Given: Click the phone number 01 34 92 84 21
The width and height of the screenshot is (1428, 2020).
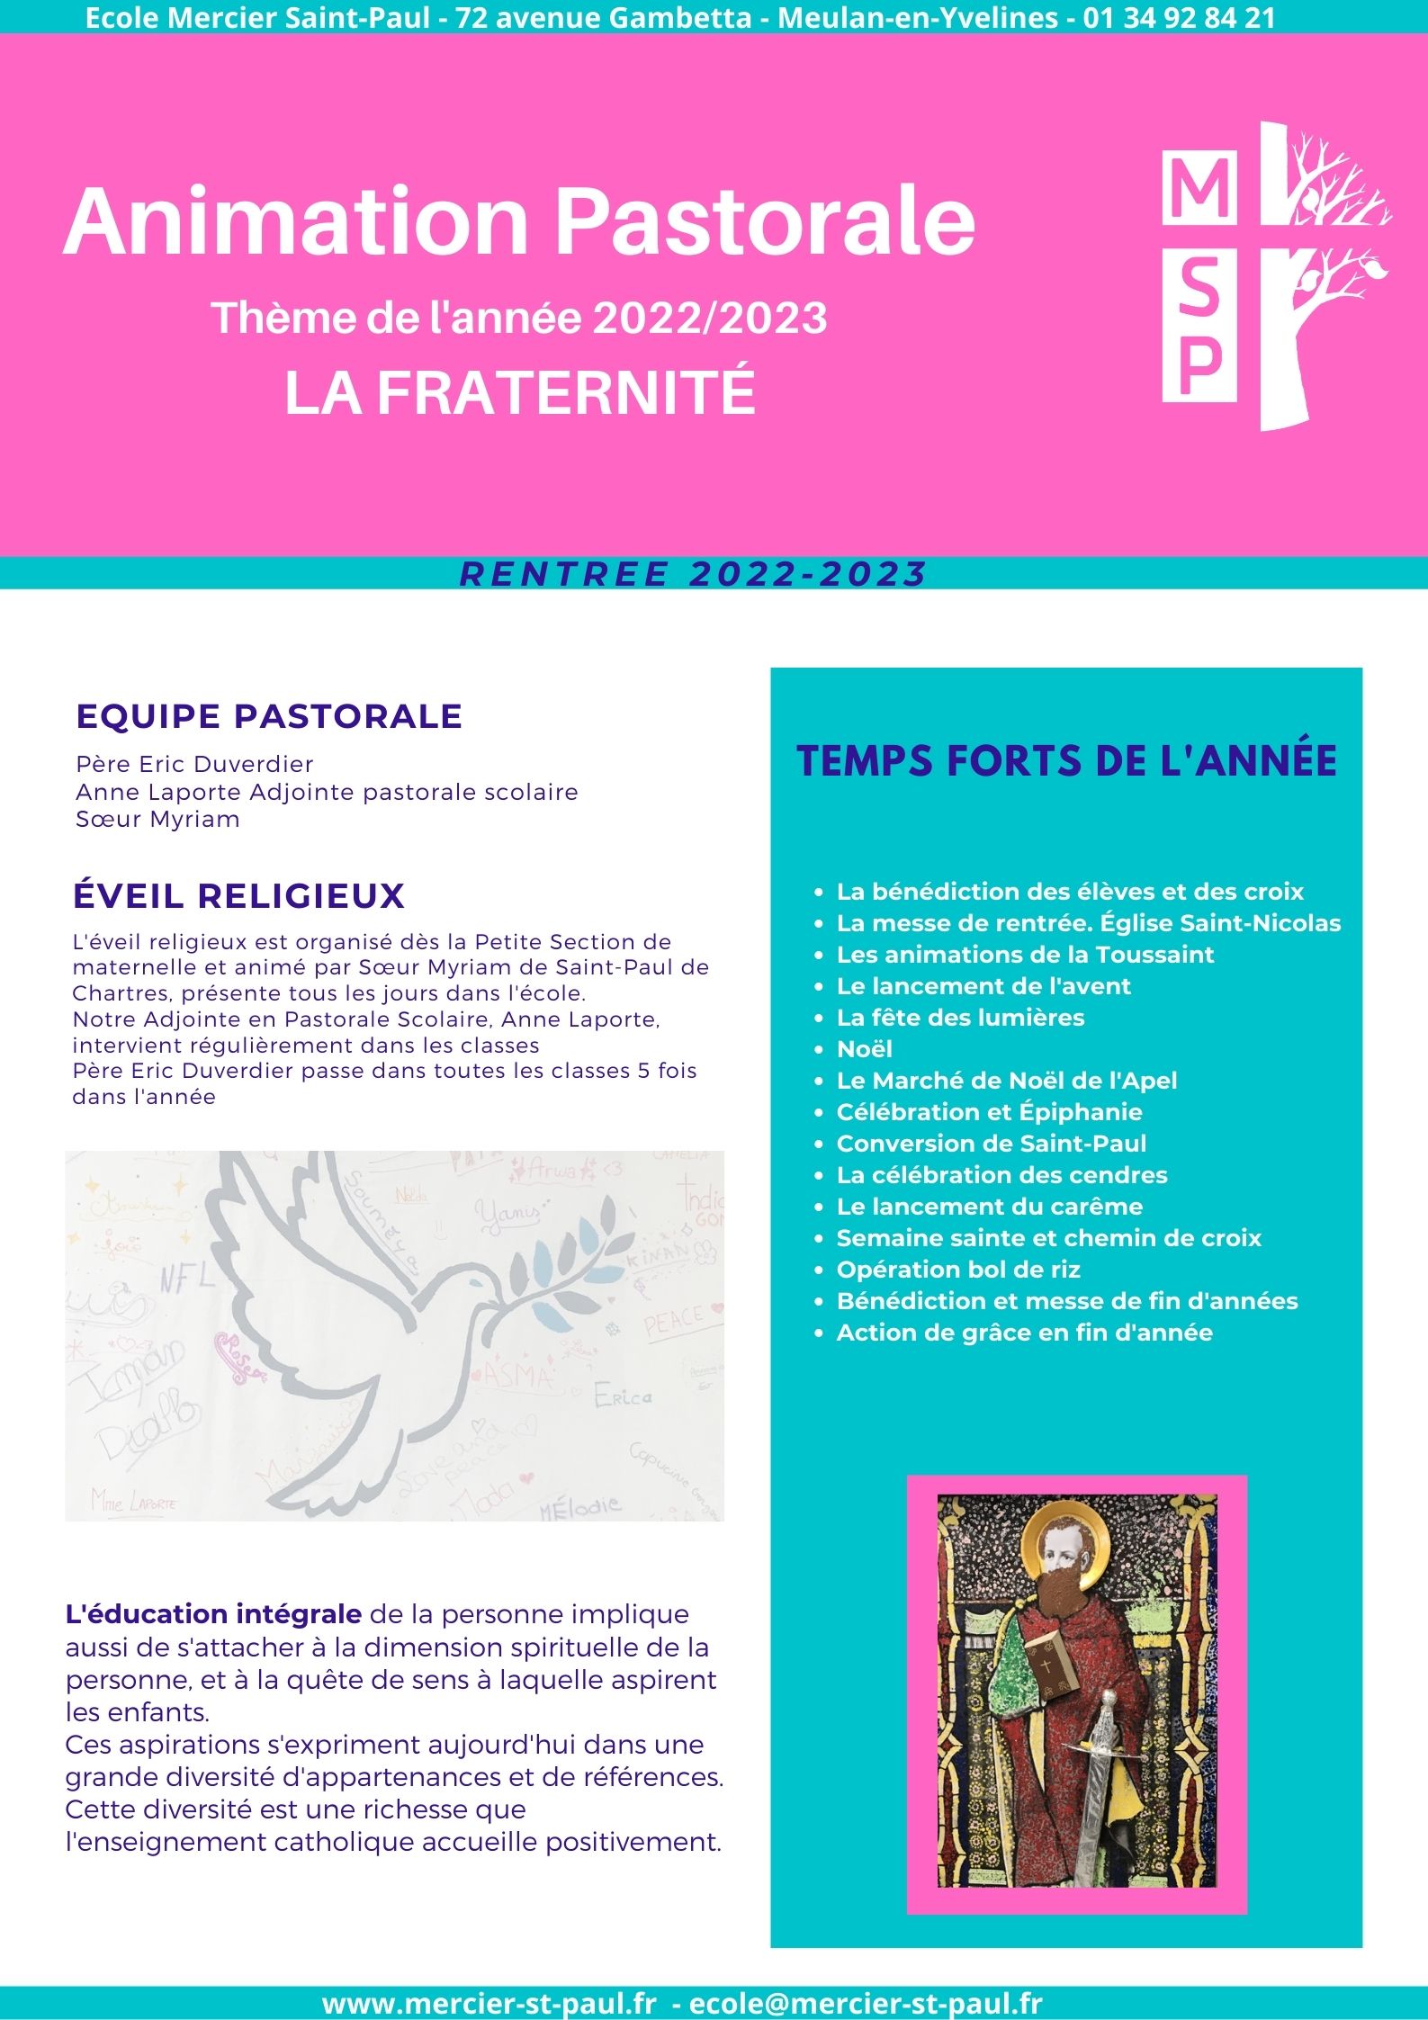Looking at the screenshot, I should click(1179, 18).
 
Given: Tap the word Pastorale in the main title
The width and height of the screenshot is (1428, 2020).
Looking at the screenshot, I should click(764, 222).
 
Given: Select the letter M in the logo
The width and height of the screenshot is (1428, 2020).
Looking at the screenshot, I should click(1199, 189).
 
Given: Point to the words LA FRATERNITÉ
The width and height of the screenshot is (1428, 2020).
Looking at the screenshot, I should click(520, 392).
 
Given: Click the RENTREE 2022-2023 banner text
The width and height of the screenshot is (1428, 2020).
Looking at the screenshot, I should click(693, 574).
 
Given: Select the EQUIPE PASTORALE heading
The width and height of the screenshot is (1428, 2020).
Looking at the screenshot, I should click(269, 716).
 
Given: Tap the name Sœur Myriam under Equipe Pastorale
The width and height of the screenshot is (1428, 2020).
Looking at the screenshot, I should click(158, 820).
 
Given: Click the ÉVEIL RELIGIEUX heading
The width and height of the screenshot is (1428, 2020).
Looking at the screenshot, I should click(238, 896).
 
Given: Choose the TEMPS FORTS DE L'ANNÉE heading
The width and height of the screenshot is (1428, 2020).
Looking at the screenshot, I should click(1066, 760).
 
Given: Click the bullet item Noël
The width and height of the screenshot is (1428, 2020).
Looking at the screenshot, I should click(864, 1049).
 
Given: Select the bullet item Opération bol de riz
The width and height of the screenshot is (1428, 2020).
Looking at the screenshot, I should click(957, 1270).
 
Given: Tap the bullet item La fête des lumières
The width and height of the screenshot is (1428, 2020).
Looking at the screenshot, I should click(960, 1018).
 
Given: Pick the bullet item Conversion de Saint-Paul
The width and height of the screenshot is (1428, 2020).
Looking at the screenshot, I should click(991, 1144).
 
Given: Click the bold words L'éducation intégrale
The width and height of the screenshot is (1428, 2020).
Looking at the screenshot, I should click(213, 1614).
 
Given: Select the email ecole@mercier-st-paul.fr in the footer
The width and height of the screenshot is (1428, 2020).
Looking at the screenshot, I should click(865, 2004).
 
